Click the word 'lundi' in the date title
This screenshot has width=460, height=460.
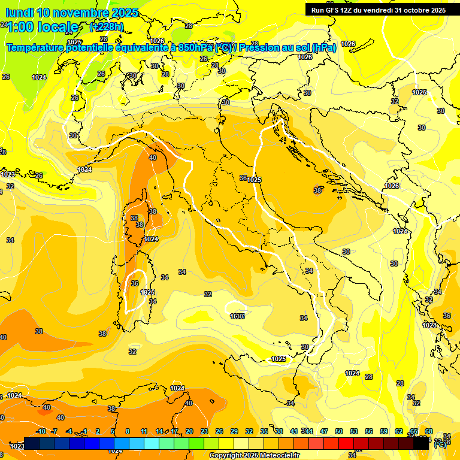coord(19,13)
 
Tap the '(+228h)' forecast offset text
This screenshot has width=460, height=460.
coord(106,27)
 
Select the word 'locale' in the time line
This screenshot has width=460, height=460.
coord(57,27)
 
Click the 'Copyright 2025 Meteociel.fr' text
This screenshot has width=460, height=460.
coord(255,455)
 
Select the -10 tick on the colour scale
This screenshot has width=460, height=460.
coord(41,431)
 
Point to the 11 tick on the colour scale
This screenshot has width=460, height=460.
coord(144,431)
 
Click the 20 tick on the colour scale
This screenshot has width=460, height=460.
coord(189,431)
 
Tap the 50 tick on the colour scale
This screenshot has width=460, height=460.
coord(338,431)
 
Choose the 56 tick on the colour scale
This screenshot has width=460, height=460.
coord(368,431)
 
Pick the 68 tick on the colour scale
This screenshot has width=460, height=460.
coord(429,431)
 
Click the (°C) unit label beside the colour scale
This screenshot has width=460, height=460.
coord(440,444)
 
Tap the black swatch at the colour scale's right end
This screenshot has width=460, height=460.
coord(422,444)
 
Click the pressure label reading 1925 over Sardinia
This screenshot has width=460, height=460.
coord(147,292)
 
